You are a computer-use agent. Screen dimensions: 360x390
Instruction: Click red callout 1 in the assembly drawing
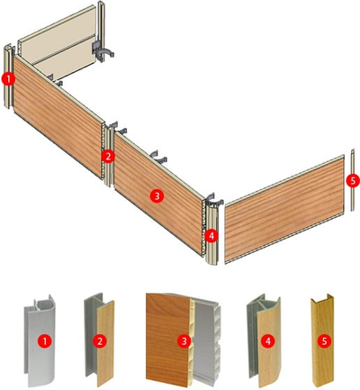pos(8,79)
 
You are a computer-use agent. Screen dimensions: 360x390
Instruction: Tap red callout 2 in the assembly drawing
pos(108,156)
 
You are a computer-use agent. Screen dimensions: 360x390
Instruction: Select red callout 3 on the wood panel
pos(157,196)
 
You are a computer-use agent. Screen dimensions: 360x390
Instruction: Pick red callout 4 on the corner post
pos(211,236)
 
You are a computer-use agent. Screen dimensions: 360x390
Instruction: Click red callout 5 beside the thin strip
pos(353,180)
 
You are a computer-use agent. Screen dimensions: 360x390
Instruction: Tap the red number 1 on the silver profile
pos(45,341)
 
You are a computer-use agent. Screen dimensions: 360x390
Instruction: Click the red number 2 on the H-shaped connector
pos(100,341)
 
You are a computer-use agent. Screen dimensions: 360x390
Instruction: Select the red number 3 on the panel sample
pos(184,341)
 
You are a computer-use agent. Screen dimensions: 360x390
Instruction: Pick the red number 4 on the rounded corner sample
pos(268,341)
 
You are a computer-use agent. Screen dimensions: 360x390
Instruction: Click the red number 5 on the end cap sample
pos(324,341)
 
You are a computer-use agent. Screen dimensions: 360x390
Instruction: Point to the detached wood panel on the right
pos(284,209)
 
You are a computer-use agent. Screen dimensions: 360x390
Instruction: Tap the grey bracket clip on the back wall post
pos(103,50)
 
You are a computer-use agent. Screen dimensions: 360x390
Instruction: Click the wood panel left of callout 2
pos(58,116)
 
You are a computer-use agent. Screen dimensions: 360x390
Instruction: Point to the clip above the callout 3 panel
pos(158,156)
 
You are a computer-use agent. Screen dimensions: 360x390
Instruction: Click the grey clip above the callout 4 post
pos(213,199)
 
